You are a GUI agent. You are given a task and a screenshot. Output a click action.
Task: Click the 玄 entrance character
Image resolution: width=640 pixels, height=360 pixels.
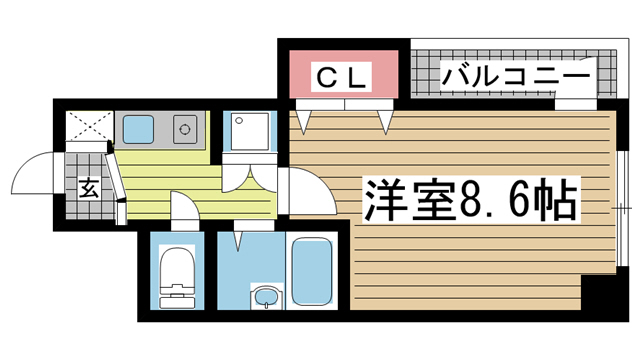pyautogui.click(x=87, y=187)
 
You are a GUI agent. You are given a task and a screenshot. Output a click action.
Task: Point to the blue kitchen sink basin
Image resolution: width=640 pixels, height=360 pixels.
pyautogui.click(x=137, y=128)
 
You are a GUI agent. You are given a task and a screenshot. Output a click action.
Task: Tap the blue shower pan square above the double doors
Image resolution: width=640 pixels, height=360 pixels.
pyautogui.click(x=245, y=130)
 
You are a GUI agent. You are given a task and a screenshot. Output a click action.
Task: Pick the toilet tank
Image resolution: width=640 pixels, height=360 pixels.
pyautogui.click(x=176, y=296)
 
